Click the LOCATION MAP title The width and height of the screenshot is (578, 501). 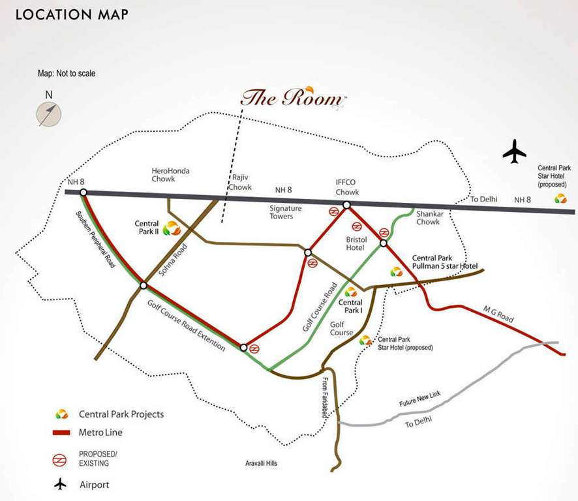pos(72,14)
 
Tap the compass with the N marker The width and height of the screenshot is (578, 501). pos(49,114)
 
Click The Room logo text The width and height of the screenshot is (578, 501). pos(291,99)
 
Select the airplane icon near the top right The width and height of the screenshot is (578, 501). pos(514,152)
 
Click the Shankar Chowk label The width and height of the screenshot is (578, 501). pos(427,217)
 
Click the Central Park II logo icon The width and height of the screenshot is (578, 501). pos(171,228)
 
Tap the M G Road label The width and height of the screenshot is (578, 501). pos(499,314)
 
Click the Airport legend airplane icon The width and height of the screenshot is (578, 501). pos(61,484)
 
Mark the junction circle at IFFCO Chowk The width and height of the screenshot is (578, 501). pos(346,205)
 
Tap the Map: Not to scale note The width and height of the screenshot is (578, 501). pos(67,74)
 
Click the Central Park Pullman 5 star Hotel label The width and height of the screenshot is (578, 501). pos(445,263)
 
